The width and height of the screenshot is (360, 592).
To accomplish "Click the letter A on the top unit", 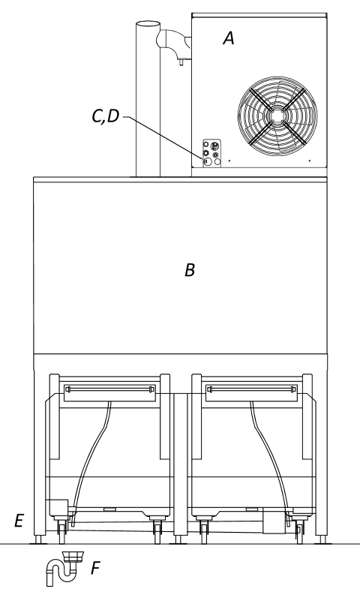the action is [229, 38].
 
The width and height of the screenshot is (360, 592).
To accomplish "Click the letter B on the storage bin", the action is [190, 270].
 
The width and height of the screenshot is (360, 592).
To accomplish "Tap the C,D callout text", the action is [106, 116].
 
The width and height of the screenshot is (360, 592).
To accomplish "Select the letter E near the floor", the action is [19, 521].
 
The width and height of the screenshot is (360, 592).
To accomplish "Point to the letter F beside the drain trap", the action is [95, 568].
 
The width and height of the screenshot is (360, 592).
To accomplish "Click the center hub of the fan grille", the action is [277, 116].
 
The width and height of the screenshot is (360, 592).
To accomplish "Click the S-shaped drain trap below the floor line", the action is [63, 568].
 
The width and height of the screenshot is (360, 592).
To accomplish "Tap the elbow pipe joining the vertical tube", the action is [173, 41].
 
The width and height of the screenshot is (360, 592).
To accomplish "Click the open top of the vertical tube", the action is [148, 25].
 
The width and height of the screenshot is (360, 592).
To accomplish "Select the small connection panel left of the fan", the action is [211, 153].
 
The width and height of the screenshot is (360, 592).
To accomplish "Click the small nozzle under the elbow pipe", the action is [181, 62].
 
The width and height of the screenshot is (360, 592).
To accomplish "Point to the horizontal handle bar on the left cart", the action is [109, 389].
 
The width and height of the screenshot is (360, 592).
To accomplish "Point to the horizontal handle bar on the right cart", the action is [252, 389].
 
